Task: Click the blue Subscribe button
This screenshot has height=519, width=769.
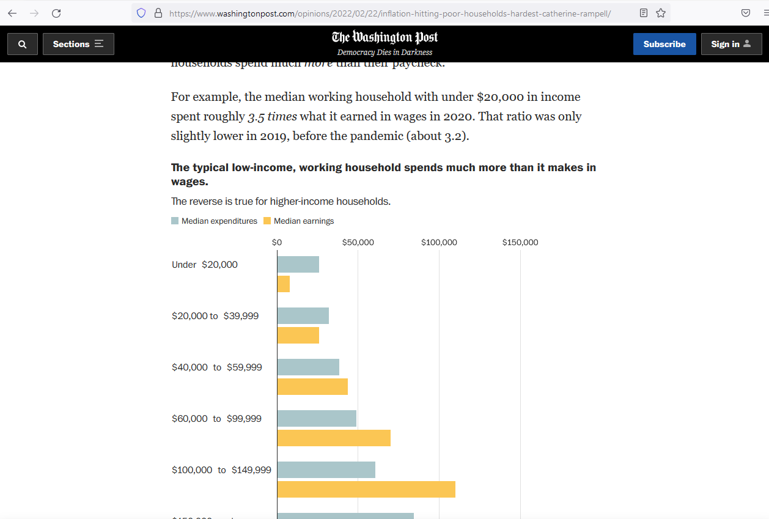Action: [664, 44]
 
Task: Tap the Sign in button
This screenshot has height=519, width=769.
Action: [731, 44]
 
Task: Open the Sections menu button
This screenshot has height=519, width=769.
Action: [78, 44]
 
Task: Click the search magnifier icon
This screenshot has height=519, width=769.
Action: [23, 44]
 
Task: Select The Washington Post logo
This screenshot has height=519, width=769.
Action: [384, 38]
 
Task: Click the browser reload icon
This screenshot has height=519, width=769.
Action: [56, 13]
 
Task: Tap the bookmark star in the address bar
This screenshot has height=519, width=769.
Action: [661, 13]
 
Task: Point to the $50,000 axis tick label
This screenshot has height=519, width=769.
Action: [358, 243]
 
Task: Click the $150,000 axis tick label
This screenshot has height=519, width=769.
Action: [520, 243]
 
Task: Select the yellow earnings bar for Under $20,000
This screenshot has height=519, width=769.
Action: [283, 284]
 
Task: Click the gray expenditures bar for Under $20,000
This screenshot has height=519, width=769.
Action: [298, 265]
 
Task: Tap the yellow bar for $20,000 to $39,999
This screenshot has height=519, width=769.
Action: [298, 336]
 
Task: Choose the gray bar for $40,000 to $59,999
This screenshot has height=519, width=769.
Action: [307, 367]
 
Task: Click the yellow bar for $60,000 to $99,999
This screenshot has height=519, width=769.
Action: [333, 438]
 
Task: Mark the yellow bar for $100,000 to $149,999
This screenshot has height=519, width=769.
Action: [366, 490]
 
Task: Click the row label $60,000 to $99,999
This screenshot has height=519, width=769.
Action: [216, 419]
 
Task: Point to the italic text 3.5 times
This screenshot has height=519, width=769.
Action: [272, 117]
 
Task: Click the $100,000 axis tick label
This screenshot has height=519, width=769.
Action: [439, 243]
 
